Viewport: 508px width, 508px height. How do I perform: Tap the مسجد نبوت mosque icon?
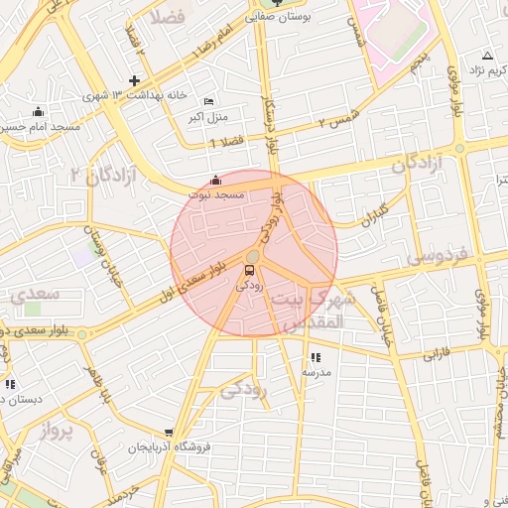pyautogui.click(x=216, y=181)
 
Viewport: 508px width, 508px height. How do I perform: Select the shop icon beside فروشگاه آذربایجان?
pyautogui.click(x=170, y=434)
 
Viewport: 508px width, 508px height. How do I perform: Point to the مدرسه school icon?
pyautogui.click(x=316, y=357)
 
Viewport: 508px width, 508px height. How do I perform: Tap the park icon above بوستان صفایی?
pyautogui.click(x=277, y=3)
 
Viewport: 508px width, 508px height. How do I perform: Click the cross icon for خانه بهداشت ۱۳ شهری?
pyautogui.click(x=135, y=80)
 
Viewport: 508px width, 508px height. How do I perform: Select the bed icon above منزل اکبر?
pyautogui.click(x=208, y=102)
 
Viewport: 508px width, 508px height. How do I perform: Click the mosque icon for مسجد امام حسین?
pyautogui.click(x=39, y=112)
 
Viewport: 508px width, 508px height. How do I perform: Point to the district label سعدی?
pyautogui.click(x=36, y=295)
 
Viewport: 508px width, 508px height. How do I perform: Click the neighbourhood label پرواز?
pyautogui.click(x=58, y=433)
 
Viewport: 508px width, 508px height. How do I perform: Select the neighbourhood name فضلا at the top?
pyautogui.click(x=169, y=17)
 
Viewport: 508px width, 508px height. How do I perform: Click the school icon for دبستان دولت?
pyautogui.click(x=10, y=384)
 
